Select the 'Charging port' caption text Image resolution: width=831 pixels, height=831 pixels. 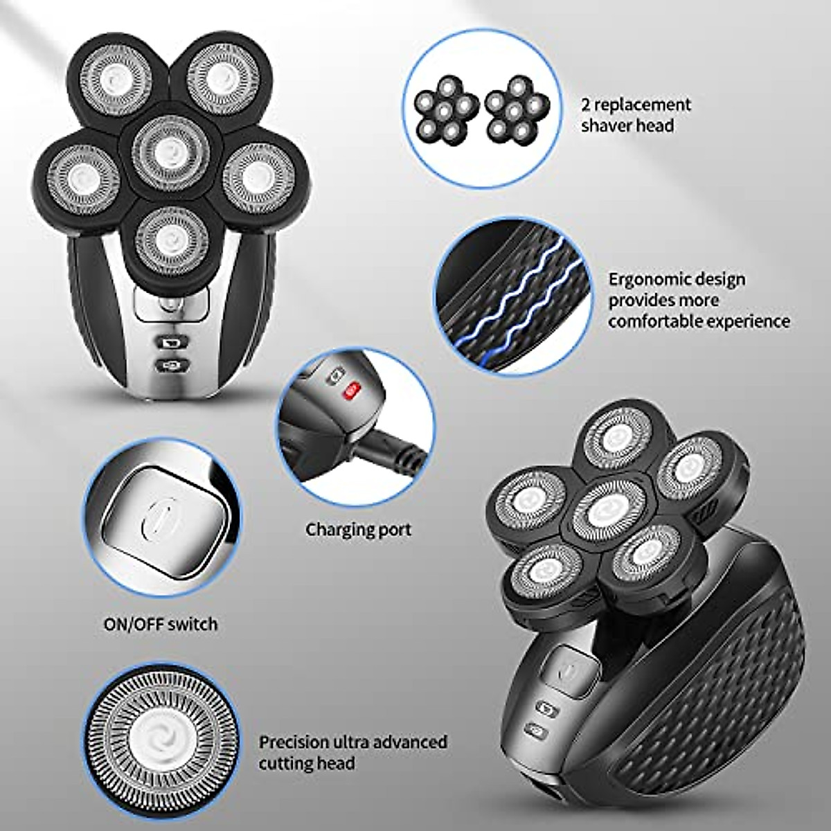coord(359,530)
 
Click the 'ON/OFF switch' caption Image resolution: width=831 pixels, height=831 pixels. coord(160,624)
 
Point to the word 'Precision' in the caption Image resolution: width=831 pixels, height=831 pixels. coord(294,742)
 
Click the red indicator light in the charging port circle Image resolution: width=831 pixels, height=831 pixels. coord(351,391)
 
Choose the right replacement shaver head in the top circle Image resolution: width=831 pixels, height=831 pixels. coord(517,110)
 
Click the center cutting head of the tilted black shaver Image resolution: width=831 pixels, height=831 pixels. coord(600,510)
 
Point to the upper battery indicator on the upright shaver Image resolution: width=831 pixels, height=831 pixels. coord(168,342)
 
